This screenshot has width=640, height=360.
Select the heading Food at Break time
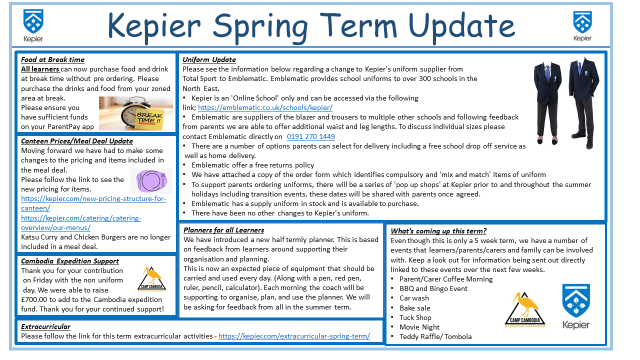(x=48, y=60)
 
